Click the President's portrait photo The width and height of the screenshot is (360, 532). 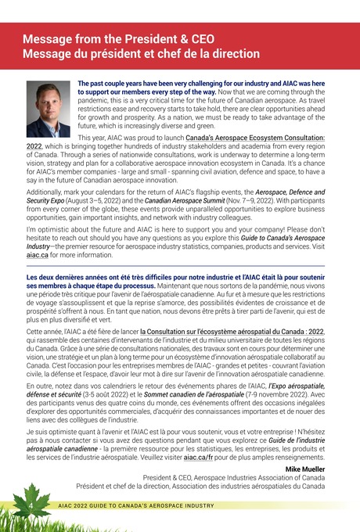(x=49, y=110)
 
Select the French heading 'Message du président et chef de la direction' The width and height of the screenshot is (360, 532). (x=141, y=54)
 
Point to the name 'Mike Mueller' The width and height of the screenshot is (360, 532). (x=305, y=469)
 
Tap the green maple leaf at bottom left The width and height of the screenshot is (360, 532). (x=30, y=501)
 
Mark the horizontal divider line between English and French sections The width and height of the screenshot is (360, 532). (x=179, y=266)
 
